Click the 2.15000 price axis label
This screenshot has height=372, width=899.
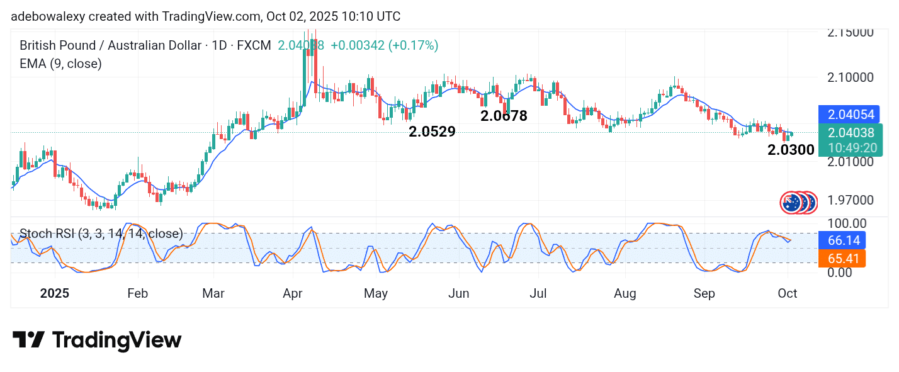851,32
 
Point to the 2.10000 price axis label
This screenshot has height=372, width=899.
851,77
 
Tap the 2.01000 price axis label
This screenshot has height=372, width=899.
851,161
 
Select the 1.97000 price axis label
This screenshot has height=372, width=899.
851,200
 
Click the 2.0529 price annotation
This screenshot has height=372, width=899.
432,132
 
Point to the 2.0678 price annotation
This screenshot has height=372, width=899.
504,116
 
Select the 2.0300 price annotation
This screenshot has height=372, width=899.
791,150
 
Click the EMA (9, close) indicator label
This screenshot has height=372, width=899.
60,64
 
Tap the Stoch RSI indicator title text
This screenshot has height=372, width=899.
101,234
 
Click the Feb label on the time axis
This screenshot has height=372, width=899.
137,293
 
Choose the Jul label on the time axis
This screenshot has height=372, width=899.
538,293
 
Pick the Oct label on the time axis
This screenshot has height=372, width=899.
788,293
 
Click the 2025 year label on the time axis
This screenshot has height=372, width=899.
54,293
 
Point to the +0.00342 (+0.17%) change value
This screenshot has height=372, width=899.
384,45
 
